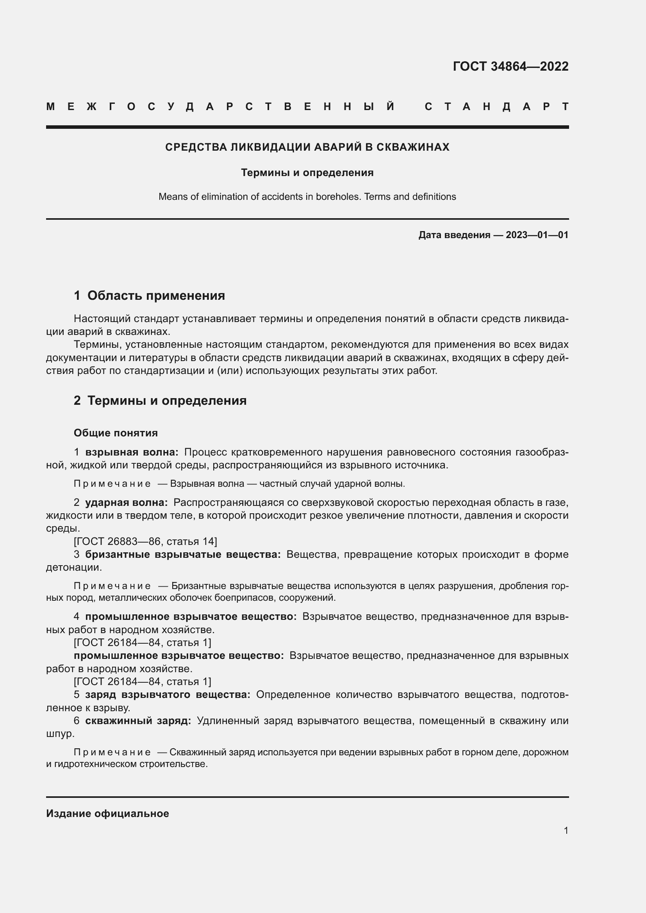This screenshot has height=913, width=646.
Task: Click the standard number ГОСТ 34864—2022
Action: click(510, 66)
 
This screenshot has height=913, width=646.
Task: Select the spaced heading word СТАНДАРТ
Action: click(496, 107)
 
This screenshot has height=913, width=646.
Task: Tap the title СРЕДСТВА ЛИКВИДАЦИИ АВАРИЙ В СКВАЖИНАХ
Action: click(307, 147)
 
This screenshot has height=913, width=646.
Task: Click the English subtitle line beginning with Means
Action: click(307, 197)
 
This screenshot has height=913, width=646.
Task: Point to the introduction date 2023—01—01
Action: click(537, 235)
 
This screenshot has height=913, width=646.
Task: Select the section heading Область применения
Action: click(156, 295)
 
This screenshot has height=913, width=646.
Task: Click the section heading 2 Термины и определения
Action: click(160, 400)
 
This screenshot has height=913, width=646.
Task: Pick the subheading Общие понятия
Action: click(116, 432)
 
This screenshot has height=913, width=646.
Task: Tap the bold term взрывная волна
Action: click(132, 452)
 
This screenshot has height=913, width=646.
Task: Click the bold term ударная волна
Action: click(127, 503)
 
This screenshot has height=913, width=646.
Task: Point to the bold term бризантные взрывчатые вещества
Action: click(183, 554)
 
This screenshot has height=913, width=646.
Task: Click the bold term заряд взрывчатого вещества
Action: click(168, 695)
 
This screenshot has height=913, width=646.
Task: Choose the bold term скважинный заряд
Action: click(138, 721)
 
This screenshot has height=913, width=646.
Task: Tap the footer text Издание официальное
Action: click(107, 813)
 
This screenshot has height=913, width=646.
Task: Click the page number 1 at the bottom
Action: click(566, 830)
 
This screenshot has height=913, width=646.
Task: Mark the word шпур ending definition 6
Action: click(60, 734)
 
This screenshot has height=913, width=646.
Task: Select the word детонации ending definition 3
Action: click(73, 568)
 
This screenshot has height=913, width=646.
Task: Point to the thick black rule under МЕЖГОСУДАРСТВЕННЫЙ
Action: click(307, 127)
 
